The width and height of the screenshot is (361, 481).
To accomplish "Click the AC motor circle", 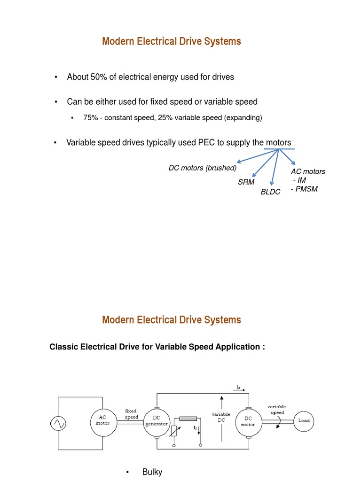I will tap(102, 420).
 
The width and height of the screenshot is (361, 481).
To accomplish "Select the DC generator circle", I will tap(157, 421).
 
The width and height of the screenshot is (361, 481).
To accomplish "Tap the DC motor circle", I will tap(248, 421).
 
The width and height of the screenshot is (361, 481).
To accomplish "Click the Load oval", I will tap(304, 420).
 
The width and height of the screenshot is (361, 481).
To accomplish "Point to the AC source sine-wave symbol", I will tap(58, 424).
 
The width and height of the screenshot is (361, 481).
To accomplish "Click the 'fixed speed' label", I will tap(131, 414).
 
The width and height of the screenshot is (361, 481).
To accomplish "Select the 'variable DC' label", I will tap(221, 417).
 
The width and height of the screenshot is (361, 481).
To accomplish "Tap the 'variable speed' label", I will tap(276, 410).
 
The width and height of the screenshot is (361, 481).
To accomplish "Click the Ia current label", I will tap(239, 388).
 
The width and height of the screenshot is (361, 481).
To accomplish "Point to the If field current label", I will tap(195, 428).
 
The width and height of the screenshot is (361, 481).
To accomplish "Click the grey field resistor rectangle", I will tap(188, 419).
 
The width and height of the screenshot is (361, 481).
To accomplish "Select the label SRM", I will tap(246, 182).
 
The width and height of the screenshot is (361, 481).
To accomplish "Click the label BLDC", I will tap(271, 192).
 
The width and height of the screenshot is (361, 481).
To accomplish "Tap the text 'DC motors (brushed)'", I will tap(203, 168).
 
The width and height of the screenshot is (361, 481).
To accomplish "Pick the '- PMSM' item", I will tap(304, 189).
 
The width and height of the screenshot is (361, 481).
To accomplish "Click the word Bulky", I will tap(152, 472).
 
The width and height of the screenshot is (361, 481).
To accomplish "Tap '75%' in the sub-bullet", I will tap(90, 117).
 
